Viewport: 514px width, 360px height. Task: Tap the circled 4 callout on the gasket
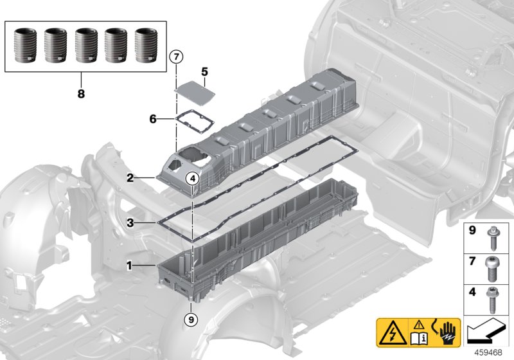click(192, 179)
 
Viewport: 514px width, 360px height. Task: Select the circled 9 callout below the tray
click(191, 318)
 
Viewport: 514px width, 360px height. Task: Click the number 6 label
click(152, 119)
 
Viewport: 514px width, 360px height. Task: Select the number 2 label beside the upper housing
click(130, 177)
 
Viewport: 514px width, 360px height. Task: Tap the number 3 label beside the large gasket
click(130, 223)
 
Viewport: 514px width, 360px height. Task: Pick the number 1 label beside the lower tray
click(130, 264)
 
